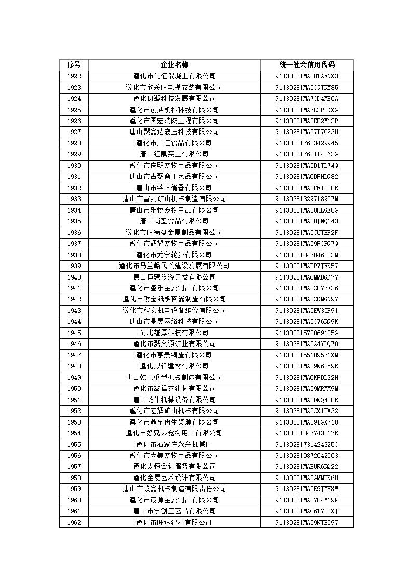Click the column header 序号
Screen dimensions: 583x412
(74, 64)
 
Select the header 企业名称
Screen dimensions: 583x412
(174, 64)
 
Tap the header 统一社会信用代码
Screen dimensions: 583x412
(307, 64)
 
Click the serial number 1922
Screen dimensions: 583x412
(74, 76)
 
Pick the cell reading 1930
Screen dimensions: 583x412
(74, 166)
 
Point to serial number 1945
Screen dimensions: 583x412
(74, 333)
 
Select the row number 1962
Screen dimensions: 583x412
(74, 522)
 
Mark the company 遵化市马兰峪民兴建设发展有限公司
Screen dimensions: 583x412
(174, 266)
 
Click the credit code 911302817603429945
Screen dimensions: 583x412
(307, 143)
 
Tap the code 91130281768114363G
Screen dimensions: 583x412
(307, 154)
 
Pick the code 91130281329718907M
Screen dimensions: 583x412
(307, 199)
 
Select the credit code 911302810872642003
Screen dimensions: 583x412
(307, 456)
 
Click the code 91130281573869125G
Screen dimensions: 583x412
(307, 333)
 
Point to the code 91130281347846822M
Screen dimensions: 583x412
(307, 255)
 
